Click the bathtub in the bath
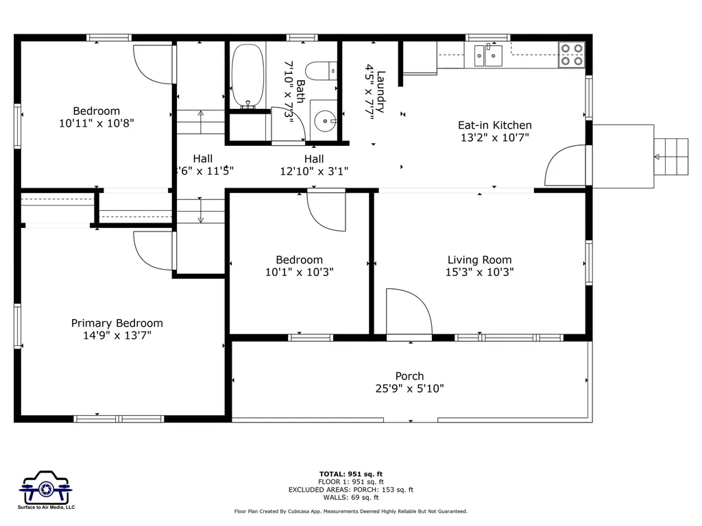click(x=247, y=75)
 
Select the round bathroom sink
click(x=324, y=121)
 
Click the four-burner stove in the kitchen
click(x=572, y=55)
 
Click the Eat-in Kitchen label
click(x=494, y=125)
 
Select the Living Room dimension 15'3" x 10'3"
click(x=479, y=272)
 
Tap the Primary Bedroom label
click(x=117, y=323)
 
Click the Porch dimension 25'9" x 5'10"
click(x=409, y=388)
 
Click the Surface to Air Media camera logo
click(x=47, y=489)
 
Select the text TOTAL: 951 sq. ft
click(x=351, y=474)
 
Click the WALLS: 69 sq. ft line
click(x=351, y=498)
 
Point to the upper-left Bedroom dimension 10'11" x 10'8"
click(x=97, y=123)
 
